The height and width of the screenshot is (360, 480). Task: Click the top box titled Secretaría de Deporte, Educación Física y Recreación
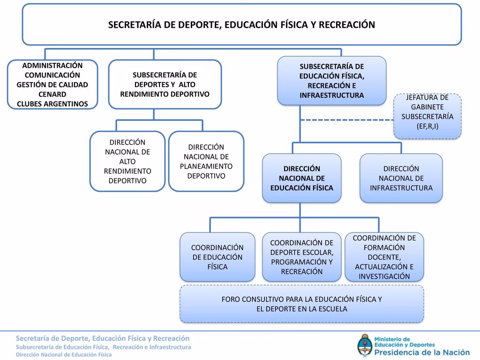[242, 24]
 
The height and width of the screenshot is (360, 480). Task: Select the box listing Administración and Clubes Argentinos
[52, 84]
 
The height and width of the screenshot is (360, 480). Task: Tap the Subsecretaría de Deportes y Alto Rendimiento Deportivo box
[165, 84]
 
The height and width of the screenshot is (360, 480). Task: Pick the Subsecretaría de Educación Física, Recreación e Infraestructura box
[331, 81]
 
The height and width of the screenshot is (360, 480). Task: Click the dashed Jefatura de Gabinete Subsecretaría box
[427, 116]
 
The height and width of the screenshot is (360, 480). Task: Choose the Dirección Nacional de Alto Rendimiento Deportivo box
[127, 161]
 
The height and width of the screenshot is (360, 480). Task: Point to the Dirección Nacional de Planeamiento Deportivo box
[206, 161]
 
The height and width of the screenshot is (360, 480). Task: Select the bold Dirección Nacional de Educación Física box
[302, 178]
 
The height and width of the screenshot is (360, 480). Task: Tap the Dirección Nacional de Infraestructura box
[401, 178]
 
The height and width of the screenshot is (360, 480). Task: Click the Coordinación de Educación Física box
[217, 257]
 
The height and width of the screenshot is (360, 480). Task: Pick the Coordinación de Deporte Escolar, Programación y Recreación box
[302, 257]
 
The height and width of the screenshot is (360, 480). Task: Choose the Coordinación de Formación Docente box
[384, 257]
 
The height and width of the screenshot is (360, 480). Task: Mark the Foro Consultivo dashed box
[302, 304]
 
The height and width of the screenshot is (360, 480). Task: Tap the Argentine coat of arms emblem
[364, 346]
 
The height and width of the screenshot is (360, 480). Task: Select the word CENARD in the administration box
[52, 94]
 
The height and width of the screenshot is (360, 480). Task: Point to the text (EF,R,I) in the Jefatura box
[427, 127]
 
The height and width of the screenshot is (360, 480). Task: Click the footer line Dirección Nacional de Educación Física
[64, 355]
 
